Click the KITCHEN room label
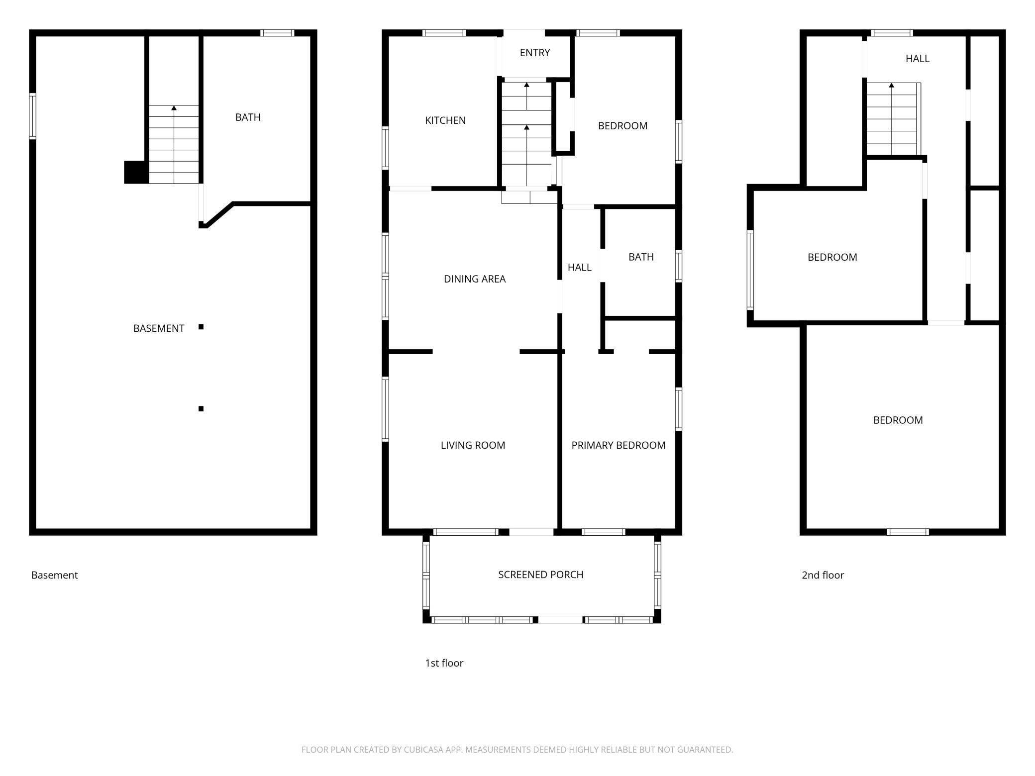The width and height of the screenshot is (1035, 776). pos(445,120)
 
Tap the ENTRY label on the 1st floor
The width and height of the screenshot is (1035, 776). pos(535,53)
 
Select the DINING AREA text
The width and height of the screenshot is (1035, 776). pos(475,279)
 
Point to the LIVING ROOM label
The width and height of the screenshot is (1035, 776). pos(473,445)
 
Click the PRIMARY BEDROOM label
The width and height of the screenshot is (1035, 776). pos(619,445)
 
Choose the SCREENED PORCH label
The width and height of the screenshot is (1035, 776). pos(541,575)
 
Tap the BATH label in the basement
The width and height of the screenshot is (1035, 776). pos(248,117)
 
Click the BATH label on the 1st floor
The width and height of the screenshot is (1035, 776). pos(641,257)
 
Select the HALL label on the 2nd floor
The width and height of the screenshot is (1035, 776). pos(918,59)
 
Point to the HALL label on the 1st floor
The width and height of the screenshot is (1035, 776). pos(580,268)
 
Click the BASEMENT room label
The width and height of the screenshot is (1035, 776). pos(159,328)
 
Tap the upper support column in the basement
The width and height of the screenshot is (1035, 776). pos(201,327)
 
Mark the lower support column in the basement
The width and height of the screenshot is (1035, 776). pos(201,409)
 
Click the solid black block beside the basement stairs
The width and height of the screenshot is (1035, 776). pos(136,172)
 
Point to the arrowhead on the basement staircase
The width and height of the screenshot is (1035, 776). pos(174,108)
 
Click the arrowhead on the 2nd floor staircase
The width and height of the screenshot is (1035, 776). pos(891,85)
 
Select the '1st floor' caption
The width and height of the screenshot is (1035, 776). pos(444,663)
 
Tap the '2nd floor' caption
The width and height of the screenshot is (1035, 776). pos(823,575)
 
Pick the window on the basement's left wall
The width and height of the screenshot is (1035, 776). pos(32,116)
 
